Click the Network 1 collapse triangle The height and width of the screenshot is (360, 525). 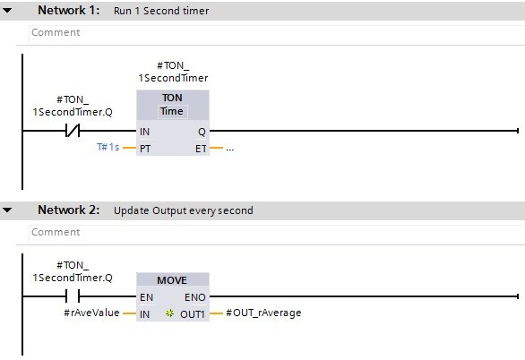[x=7, y=11]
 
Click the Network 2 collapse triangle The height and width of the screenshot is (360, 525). [x=7, y=210]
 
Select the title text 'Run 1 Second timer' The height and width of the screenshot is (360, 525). [x=161, y=11]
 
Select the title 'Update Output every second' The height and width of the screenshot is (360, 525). [x=183, y=210]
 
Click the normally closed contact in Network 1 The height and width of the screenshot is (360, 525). [x=73, y=131]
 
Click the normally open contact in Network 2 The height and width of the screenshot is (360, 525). [x=73, y=296]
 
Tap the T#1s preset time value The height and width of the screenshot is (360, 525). [x=108, y=147]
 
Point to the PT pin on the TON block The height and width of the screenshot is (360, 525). [x=145, y=149]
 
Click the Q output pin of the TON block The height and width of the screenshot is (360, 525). [x=202, y=132]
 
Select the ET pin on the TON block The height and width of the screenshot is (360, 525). [x=201, y=149]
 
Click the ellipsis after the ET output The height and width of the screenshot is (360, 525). [x=229, y=150]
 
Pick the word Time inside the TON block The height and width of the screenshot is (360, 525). [x=172, y=111]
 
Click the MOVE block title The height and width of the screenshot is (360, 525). [x=172, y=280]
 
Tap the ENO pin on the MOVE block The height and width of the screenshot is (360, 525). [x=195, y=297]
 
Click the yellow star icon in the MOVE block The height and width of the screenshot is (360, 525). [x=169, y=313]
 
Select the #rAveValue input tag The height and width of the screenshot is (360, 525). [x=91, y=313]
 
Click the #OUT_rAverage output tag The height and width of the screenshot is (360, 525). [x=263, y=313]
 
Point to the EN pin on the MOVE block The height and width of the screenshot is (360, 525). [x=146, y=297]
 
